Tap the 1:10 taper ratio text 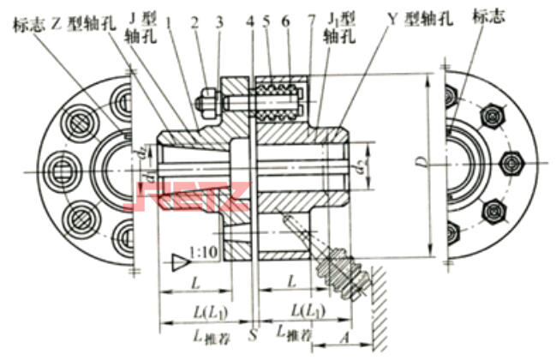(x=206, y=255)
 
